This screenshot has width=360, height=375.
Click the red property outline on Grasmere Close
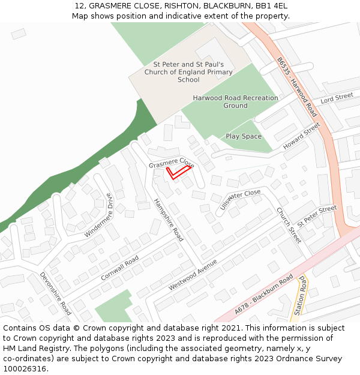coord(178,173)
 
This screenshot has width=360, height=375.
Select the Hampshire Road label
coord(169,220)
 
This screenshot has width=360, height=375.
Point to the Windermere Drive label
coord(98,215)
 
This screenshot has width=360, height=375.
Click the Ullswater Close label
coord(240,200)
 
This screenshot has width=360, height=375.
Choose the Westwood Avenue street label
coord(193,275)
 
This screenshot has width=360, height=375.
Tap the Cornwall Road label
coord(120,268)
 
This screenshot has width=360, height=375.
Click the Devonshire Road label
coord(56,293)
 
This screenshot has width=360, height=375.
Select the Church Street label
coord(289,225)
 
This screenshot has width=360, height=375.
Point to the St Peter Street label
coord(317,215)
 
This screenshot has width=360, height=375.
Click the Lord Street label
coord(337,97)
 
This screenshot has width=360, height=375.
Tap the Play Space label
coord(244,136)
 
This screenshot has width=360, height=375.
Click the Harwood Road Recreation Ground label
coord(235,101)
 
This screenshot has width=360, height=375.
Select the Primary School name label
coord(188,72)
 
